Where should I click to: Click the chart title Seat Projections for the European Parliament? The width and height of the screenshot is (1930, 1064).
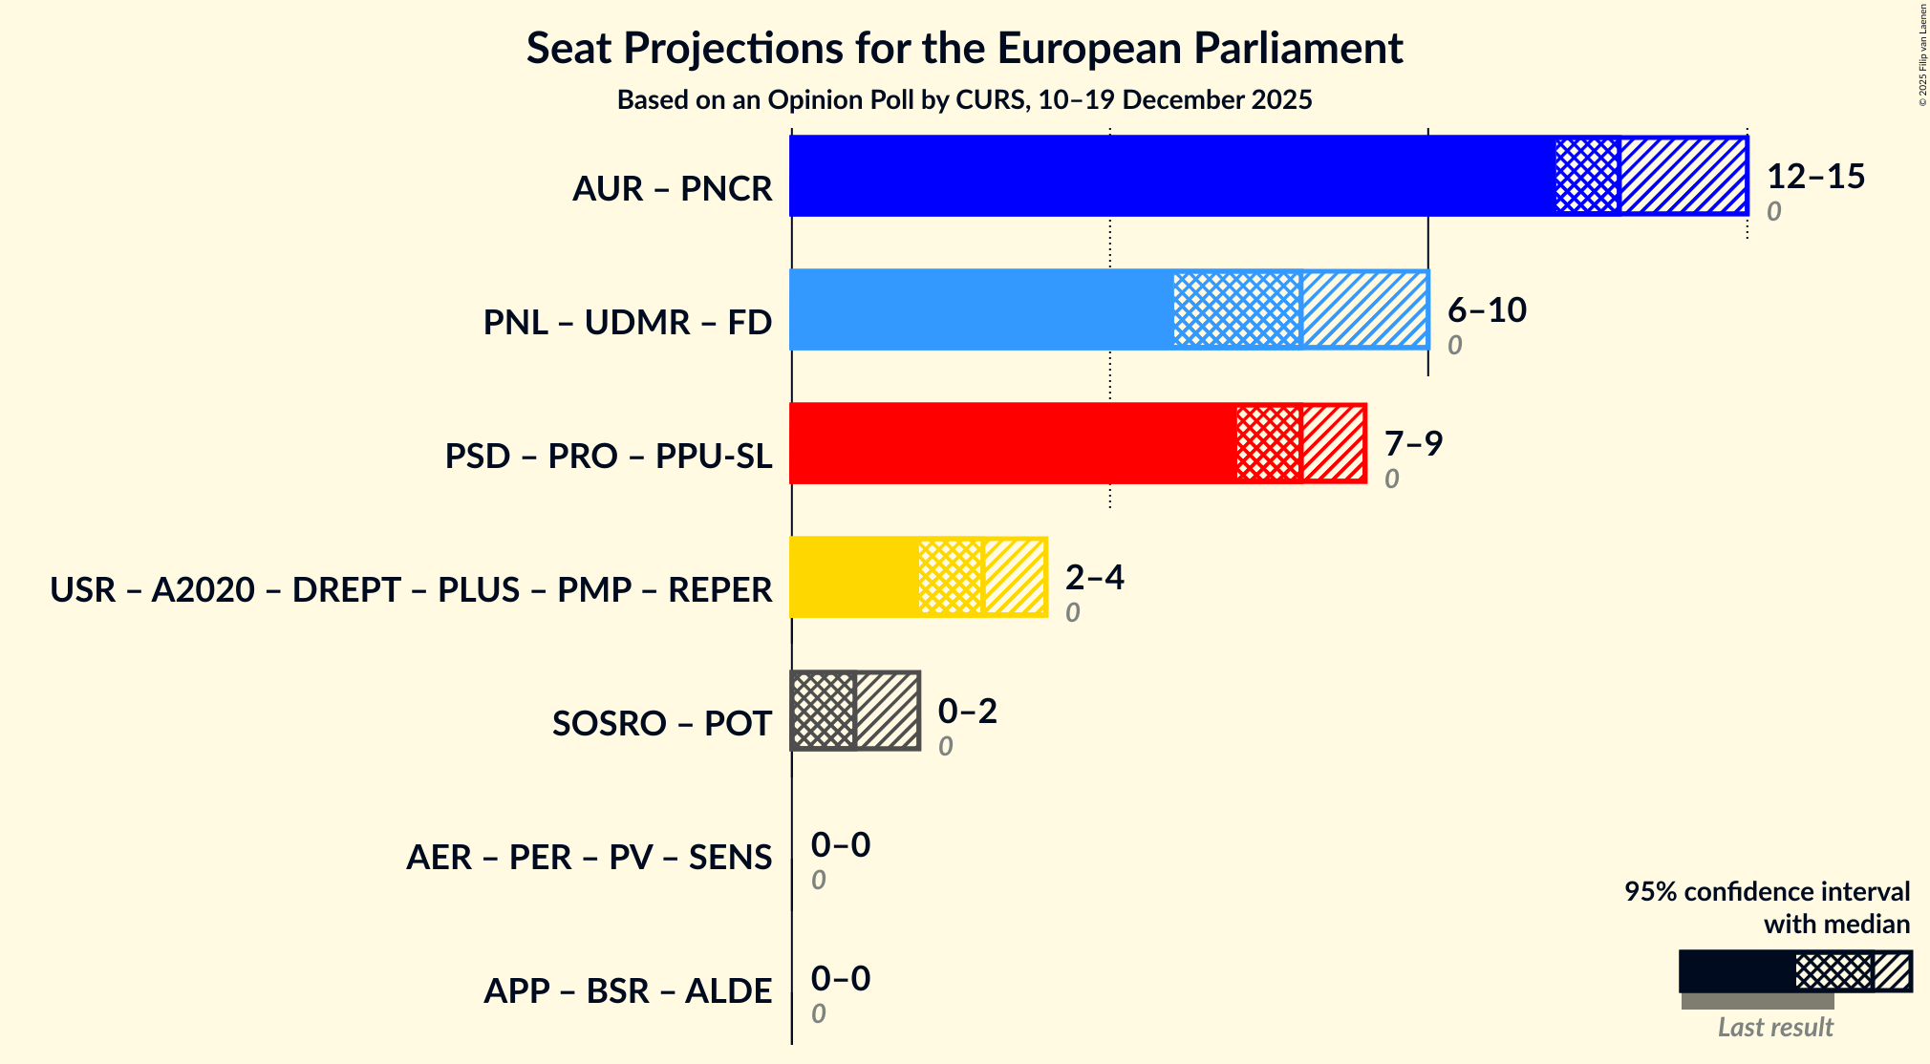click(964, 49)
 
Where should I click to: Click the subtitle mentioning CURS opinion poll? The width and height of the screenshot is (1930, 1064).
click(964, 100)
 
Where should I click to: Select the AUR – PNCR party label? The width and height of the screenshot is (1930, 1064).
click(672, 189)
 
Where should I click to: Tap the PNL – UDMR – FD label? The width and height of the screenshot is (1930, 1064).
click(627, 323)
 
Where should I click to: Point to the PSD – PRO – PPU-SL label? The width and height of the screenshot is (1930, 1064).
click(608, 457)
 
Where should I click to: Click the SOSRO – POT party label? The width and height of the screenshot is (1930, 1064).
click(661, 724)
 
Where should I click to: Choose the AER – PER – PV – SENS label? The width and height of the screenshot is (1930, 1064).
click(589, 858)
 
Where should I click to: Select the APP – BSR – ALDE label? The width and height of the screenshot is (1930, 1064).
click(627, 991)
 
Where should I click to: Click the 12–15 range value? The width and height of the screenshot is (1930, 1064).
click(1815, 177)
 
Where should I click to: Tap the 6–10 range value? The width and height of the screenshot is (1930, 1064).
click(1487, 310)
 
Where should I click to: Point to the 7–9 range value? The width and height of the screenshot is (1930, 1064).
click(1413, 444)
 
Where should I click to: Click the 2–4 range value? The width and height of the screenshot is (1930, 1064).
click(1094, 578)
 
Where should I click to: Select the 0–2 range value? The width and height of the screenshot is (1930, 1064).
click(967, 712)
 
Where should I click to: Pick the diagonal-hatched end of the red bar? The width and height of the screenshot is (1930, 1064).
click(1333, 443)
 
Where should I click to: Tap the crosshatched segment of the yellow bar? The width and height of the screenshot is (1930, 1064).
click(950, 577)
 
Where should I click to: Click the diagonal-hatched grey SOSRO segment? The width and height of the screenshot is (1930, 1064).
click(887, 711)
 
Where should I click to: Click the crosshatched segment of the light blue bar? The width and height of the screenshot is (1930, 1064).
click(1236, 309)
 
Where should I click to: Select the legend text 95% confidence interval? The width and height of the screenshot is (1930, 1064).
click(1767, 892)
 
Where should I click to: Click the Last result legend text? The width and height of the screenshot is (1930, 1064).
click(1774, 1028)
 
